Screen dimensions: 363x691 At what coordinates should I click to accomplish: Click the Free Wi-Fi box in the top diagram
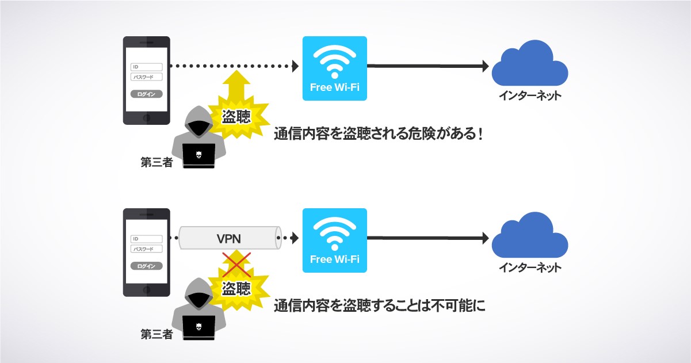tap(334, 68)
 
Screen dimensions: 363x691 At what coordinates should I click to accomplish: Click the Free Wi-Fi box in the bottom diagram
tap(334, 240)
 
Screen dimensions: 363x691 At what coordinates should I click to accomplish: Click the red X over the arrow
tap(235, 264)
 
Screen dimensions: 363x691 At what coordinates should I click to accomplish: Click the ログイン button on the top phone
tap(147, 94)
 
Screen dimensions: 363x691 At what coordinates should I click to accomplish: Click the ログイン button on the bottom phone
tap(147, 266)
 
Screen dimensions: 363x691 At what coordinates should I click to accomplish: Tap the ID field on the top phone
tap(147, 67)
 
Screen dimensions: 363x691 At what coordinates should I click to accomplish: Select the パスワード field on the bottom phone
tap(147, 249)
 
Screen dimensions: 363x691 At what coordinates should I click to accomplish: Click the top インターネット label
tap(530, 95)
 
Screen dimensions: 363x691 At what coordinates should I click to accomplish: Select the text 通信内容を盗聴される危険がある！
tap(377, 134)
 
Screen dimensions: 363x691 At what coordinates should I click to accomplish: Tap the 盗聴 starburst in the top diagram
tap(236, 117)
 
